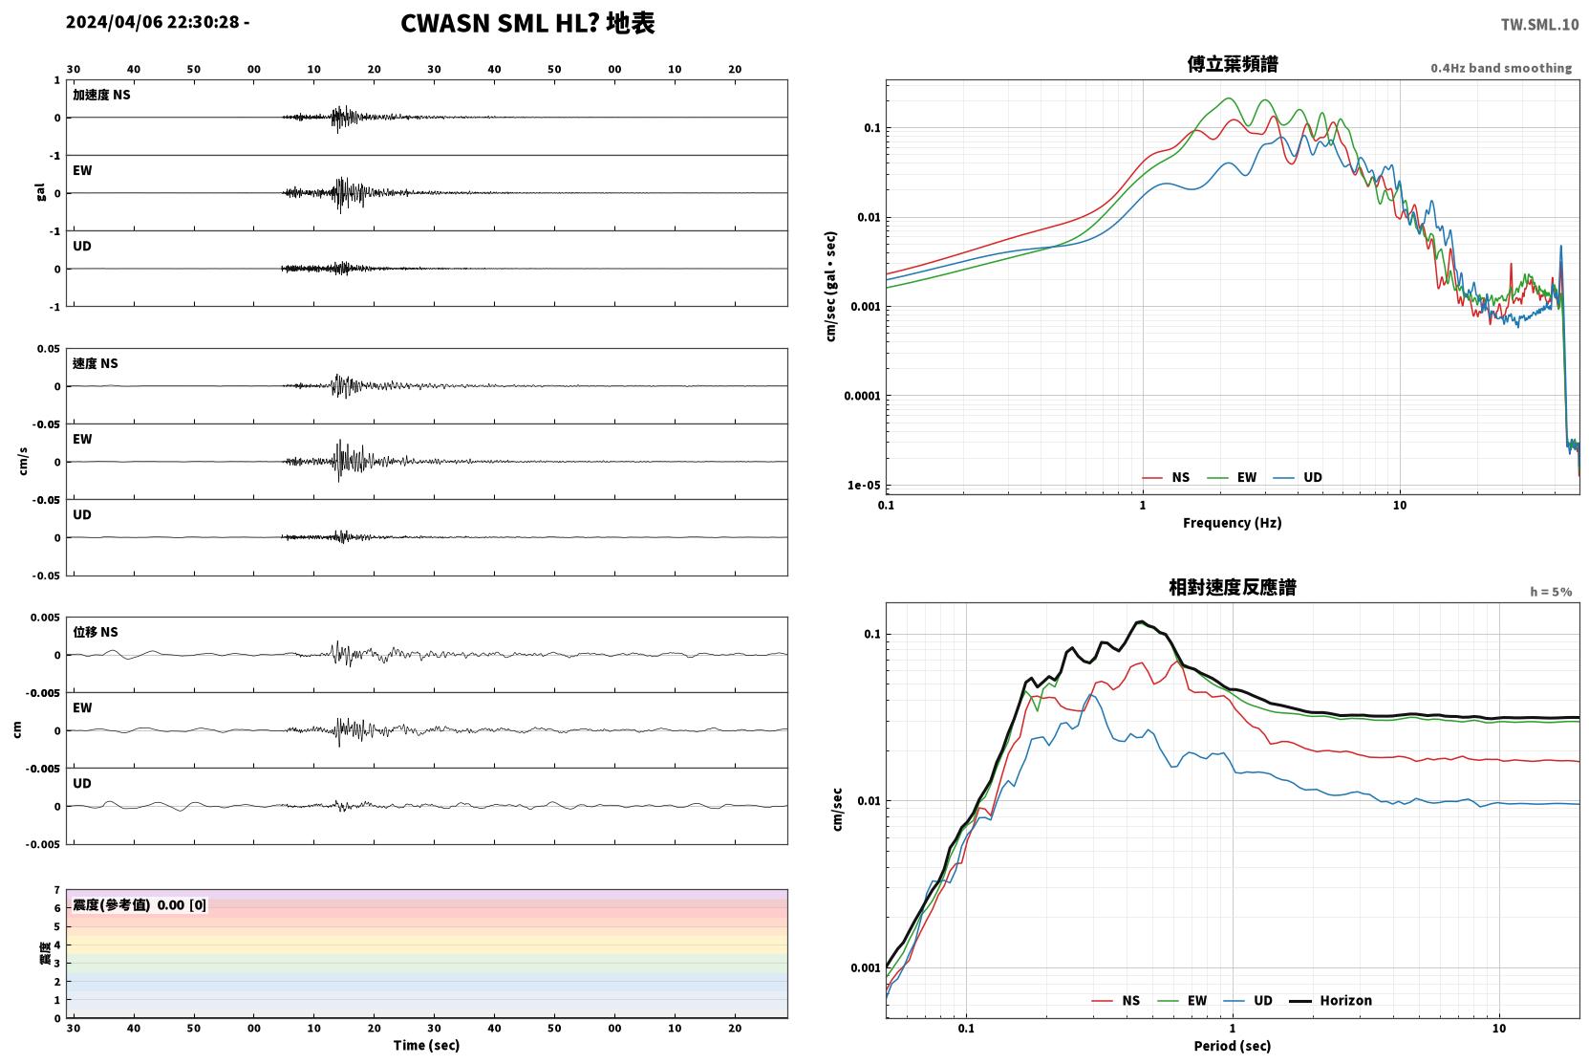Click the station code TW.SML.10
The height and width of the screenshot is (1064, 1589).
(x=1539, y=25)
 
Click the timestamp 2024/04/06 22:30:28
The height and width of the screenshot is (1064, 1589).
(x=153, y=22)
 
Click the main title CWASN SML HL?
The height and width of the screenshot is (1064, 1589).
(x=500, y=24)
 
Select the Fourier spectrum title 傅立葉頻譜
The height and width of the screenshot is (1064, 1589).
(x=1233, y=65)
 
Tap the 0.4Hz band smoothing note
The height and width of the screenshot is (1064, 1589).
(x=1501, y=68)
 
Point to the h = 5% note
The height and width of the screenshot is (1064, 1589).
(x=1551, y=592)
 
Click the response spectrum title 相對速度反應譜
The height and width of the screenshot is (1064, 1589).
(x=1233, y=588)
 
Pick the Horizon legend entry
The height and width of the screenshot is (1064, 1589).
(x=1330, y=1001)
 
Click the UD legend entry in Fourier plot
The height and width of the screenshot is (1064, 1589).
(x=1298, y=478)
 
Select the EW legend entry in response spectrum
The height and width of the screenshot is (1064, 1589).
(x=1182, y=1001)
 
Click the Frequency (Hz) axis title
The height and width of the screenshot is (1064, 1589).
(x=1233, y=523)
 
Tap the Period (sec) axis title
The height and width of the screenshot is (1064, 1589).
(x=1233, y=1046)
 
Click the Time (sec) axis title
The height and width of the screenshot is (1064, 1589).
(x=426, y=1046)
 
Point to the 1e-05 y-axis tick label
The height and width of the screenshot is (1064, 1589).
(x=864, y=486)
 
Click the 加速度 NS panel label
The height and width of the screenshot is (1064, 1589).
(x=101, y=95)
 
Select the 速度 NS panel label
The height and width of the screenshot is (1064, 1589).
(x=95, y=363)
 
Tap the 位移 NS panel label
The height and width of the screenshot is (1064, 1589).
(x=95, y=633)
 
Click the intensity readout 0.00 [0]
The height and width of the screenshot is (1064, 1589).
(x=182, y=905)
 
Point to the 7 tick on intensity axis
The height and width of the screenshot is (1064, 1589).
(x=57, y=890)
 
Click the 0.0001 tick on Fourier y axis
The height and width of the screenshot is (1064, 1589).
(x=862, y=396)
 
